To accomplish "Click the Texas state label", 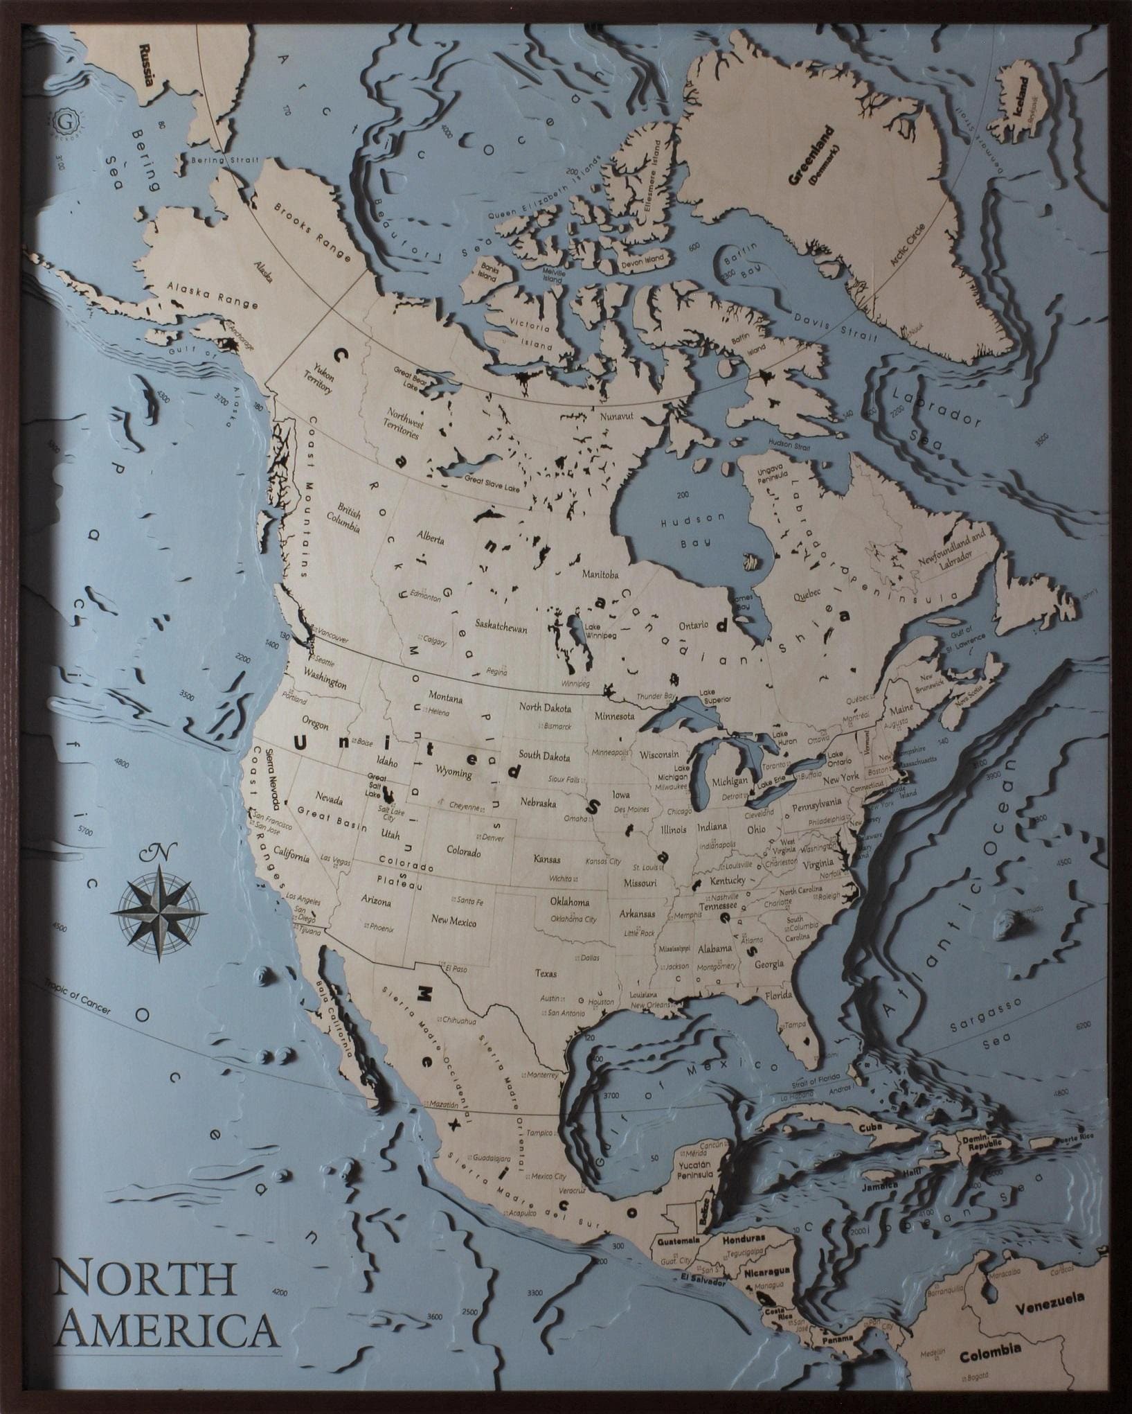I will [546, 973].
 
